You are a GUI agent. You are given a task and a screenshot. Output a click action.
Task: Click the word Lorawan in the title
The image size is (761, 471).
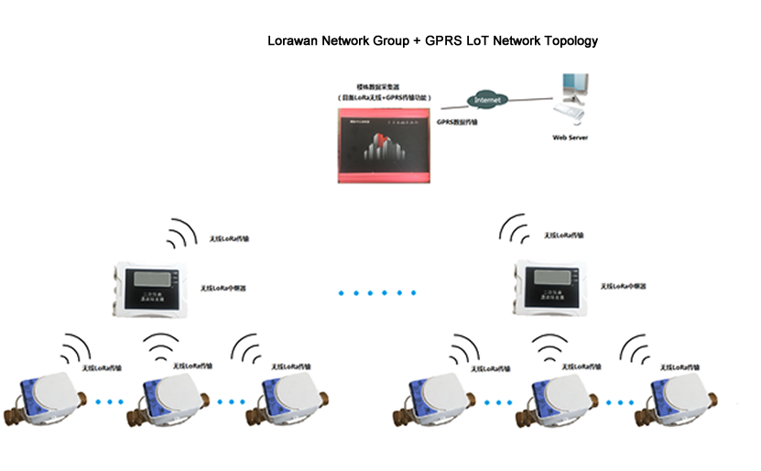click(291, 41)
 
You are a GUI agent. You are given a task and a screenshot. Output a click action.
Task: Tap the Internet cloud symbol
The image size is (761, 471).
click(488, 97)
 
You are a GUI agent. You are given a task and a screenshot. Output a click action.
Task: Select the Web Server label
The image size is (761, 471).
click(570, 137)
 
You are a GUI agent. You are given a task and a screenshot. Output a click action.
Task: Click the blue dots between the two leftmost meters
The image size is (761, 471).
click(109, 401)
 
